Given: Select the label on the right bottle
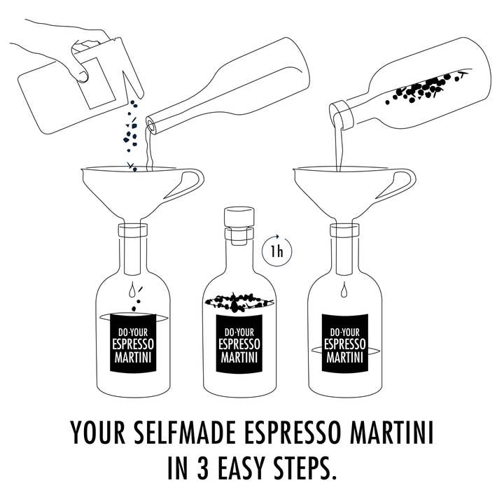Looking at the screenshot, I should pyautogui.click(x=344, y=342).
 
